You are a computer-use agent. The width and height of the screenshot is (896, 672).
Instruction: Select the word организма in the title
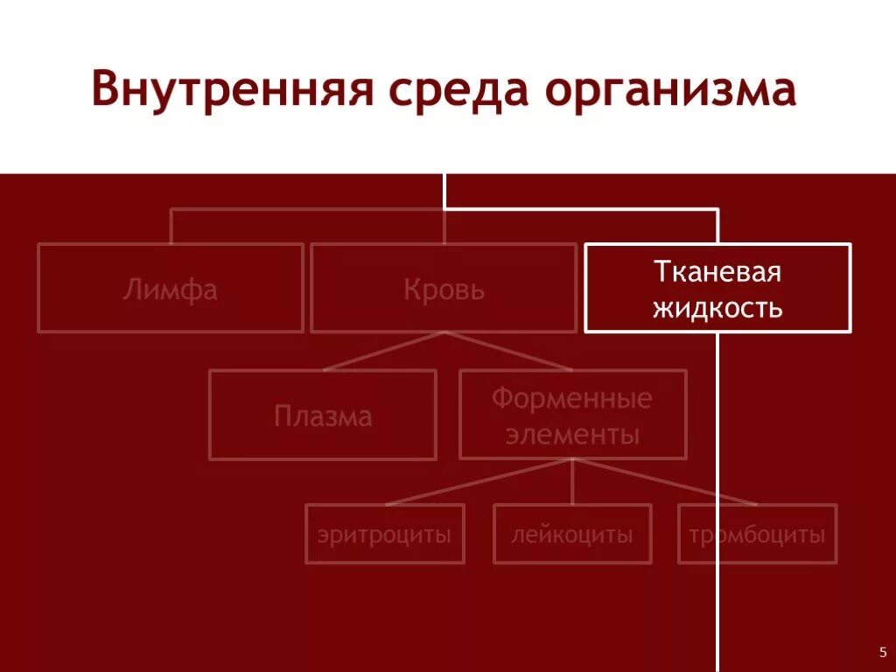click(x=672, y=91)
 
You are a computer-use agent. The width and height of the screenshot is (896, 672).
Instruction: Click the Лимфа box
click(x=171, y=288)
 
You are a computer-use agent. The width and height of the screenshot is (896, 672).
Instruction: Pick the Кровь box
click(x=444, y=288)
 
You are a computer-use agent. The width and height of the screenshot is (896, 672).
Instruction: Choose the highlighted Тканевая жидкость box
click(x=717, y=288)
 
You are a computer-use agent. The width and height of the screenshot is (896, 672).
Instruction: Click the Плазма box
click(x=323, y=415)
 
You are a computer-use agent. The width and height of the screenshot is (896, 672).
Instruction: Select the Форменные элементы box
click(x=572, y=415)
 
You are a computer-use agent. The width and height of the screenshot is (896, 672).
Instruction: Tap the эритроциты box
click(x=385, y=534)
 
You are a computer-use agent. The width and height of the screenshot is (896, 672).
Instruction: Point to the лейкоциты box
click(x=572, y=534)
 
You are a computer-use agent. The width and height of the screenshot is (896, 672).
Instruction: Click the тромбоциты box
click(x=757, y=534)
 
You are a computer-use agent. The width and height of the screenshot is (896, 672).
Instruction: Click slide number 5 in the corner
click(x=882, y=652)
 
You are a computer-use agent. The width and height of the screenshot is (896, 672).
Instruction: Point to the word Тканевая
click(x=717, y=272)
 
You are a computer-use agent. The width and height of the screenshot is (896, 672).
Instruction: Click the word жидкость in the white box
click(x=717, y=308)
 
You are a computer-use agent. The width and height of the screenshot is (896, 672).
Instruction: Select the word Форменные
click(x=572, y=399)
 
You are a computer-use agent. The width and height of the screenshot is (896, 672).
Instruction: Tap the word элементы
click(x=572, y=434)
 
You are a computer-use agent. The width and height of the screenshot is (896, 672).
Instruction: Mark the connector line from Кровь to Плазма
click(x=383, y=351)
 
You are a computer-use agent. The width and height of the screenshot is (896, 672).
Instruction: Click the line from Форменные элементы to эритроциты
click(x=479, y=483)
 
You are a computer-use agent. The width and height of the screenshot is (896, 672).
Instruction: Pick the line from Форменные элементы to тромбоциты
click(x=665, y=483)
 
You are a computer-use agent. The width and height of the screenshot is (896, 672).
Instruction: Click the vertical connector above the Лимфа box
click(x=171, y=226)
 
